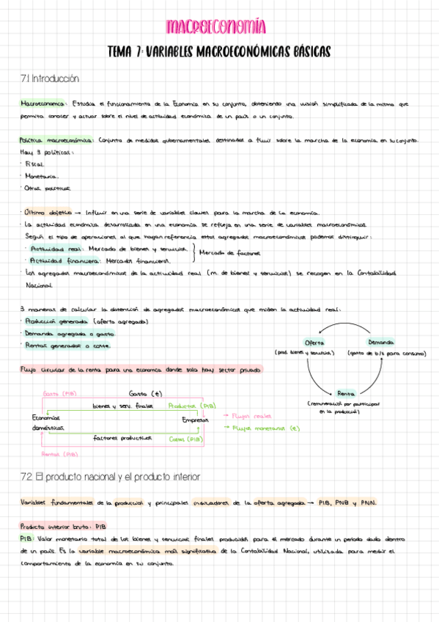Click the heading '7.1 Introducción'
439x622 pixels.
point(49,78)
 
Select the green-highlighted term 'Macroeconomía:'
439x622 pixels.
point(45,105)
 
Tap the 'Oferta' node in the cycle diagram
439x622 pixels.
point(315,343)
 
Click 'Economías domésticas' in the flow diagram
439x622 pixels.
point(47,422)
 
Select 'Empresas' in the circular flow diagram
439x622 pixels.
point(195,420)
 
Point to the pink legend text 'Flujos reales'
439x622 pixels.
point(248,416)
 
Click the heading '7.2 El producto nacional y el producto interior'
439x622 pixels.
point(110,477)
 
